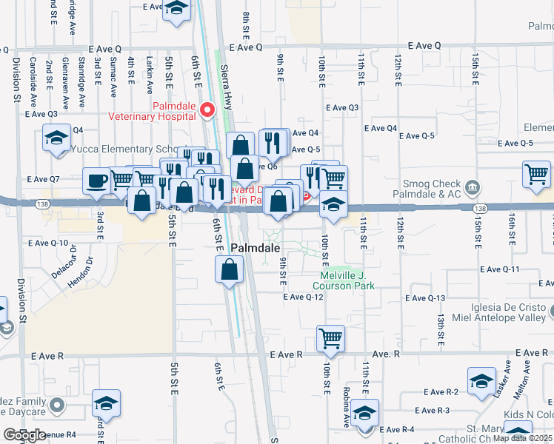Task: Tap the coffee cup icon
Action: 97,181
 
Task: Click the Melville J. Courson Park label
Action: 347,280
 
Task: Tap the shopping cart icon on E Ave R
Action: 330,339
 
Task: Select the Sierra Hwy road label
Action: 228,77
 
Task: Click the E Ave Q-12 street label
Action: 304,297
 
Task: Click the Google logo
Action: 25,435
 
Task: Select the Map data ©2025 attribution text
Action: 522,437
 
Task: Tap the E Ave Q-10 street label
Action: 47,243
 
